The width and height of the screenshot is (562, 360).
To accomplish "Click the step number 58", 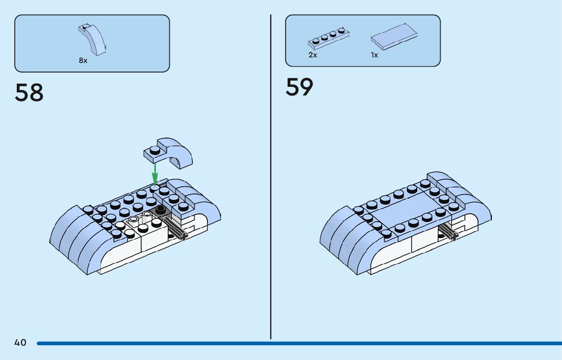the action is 29,93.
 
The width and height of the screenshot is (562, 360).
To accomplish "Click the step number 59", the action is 299,87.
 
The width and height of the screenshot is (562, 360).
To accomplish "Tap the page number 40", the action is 20,343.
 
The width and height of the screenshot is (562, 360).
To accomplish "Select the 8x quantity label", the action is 83,60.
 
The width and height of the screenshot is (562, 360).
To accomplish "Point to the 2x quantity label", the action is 313,55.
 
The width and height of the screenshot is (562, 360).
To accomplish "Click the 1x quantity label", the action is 374,55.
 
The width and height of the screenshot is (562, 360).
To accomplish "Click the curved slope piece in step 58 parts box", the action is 92,39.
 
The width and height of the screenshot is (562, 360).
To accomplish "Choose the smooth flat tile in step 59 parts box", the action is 394,36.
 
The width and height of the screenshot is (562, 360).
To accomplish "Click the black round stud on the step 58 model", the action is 161,209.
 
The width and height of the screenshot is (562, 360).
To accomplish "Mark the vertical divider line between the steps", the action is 271,178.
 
